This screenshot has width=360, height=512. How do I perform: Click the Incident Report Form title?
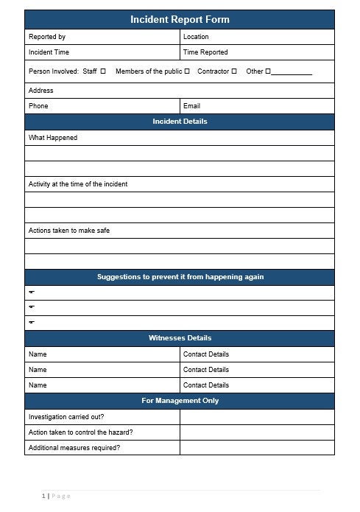coord(180,20)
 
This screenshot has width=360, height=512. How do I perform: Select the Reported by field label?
coord(46,37)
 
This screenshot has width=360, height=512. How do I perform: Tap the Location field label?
coord(196,37)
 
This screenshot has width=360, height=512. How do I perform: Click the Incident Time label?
coord(49,52)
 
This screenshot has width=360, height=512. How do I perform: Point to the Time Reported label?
coord(205,52)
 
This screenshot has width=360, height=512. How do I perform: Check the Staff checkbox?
coord(102,71)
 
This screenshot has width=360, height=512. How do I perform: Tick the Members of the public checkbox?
coord(187,71)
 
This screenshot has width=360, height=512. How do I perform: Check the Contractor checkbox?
coord(234,71)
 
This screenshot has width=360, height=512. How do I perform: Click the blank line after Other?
coord(292,72)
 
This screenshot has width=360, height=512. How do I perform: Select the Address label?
coord(40,91)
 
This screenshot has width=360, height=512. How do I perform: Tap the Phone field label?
coord(38,106)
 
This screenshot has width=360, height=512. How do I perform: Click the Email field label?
coord(191,106)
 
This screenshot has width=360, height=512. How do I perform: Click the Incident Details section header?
coord(180,122)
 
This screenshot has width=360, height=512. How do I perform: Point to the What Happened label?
coord(53,138)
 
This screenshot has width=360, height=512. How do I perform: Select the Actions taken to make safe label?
coord(69,231)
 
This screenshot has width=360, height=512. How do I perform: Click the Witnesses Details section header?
coord(180,338)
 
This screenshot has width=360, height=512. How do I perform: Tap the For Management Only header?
coord(180,401)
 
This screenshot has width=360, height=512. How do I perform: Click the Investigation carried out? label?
coord(66,416)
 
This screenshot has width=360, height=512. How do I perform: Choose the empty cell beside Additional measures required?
coord(257,447)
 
